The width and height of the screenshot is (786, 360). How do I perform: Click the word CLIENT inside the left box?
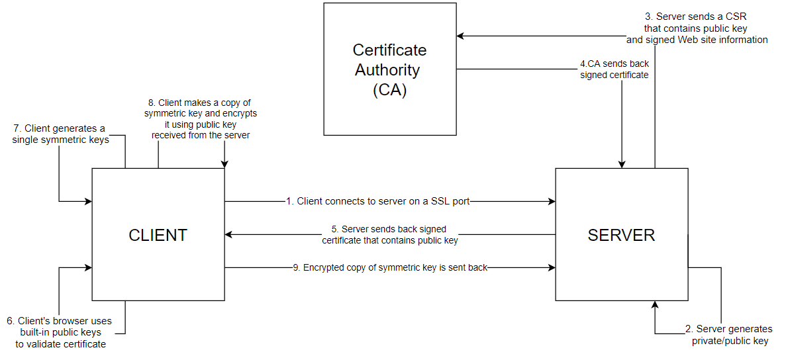click(x=158, y=235)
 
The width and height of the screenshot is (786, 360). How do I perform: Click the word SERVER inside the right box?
click(x=621, y=235)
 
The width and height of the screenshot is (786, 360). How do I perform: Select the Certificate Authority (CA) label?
click(x=389, y=69)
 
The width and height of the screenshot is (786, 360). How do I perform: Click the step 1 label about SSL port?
click(x=377, y=201)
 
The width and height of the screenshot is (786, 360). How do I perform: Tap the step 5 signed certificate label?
click(x=390, y=235)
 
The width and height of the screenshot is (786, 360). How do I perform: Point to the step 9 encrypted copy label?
click(x=390, y=268)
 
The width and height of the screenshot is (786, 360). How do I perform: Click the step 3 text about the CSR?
click(x=697, y=28)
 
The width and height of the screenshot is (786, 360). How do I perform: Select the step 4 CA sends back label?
click(x=614, y=69)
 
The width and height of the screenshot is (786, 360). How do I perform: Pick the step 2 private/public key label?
click(x=730, y=335)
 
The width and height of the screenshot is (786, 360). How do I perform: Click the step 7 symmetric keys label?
click(x=60, y=134)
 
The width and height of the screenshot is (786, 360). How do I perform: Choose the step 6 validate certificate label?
click(x=60, y=332)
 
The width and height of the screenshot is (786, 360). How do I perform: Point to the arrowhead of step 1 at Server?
click(x=551, y=201)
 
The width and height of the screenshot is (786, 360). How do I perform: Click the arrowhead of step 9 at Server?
click(x=551, y=267)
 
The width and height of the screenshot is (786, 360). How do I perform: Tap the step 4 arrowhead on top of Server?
click(x=622, y=164)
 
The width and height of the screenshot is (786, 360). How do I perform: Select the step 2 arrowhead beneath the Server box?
click(x=655, y=305)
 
